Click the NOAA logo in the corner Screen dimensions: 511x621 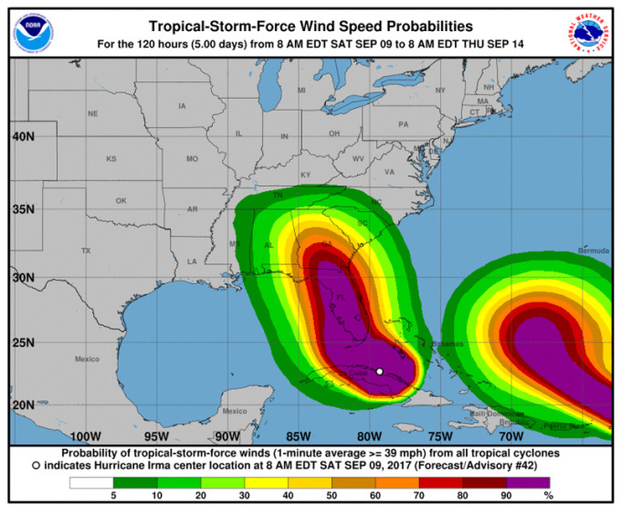(32, 31)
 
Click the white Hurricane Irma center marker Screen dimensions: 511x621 (379, 371)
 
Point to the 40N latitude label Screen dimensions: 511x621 (23, 136)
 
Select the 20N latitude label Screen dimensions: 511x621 (23, 405)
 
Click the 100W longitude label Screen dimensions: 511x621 (85, 435)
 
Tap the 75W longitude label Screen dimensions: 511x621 (441, 435)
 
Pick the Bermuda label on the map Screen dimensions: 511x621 (593, 250)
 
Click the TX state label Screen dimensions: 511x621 (86, 250)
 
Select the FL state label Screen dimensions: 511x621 (340, 298)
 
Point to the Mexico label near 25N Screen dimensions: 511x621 (87, 358)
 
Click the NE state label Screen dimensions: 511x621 (92, 113)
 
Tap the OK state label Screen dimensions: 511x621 (120, 200)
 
